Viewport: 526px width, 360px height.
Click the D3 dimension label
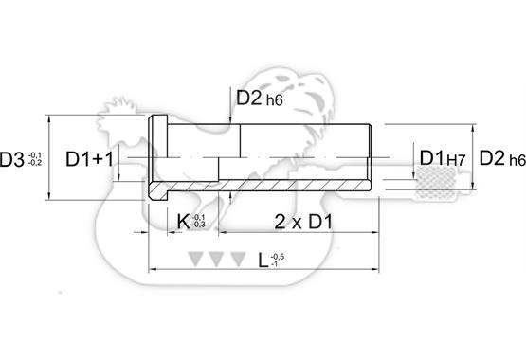pyautogui.click(x=11, y=159)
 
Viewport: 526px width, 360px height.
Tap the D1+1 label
pyautogui.click(x=90, y=159)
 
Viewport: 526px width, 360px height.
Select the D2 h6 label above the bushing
pyautogui.click(x=260, y=99)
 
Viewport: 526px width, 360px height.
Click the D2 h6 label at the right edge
pyautogui.click(x=502, y=158)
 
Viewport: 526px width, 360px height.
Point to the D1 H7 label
pyautogui.click(x=443, y=158)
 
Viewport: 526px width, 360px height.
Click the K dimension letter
pyautogui.click(x=183, y=222)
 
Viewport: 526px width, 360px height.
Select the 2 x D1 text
pyautogui.click(x=303, y=222)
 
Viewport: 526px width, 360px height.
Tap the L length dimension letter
pyautogui.click(x=263, y=261)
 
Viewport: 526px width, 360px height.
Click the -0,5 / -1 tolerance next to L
pyautogui.click(x=277, y=261)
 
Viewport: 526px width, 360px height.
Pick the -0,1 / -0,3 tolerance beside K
pyautogui.click(x=198, y=222)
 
